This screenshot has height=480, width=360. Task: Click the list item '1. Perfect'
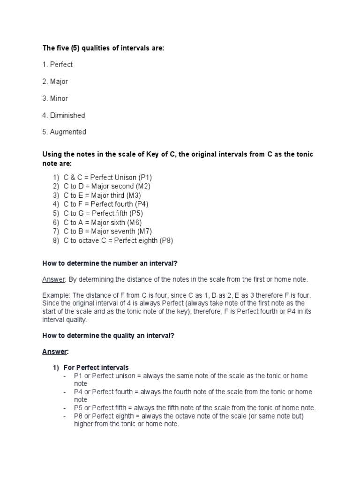click(57, 65)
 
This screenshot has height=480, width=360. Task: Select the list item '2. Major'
click(55, 82)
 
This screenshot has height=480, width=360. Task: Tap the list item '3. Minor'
click(55, 98)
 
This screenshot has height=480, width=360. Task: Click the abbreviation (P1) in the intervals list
click(145, 178)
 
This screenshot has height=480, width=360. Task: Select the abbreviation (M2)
click(144, 187)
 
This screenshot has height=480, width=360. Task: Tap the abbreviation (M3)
click(133, 195)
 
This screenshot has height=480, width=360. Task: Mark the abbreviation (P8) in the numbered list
click(166, 240)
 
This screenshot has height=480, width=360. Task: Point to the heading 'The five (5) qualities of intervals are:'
click(103, 48)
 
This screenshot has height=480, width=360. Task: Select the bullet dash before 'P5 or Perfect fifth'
click(65, 408)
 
